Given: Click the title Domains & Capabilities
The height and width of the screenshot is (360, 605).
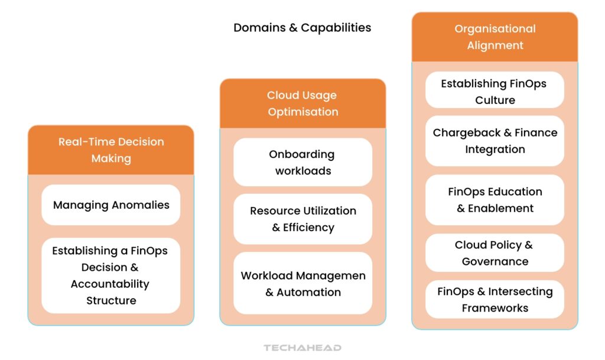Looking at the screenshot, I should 302,28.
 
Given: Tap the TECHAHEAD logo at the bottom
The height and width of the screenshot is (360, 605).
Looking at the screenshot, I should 302,348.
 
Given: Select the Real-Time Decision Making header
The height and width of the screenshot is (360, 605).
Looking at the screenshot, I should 111,150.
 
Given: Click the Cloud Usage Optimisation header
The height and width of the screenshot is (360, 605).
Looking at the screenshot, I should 302,103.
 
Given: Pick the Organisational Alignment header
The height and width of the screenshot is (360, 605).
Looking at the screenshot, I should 495,37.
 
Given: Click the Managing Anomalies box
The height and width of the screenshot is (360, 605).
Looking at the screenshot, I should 111,205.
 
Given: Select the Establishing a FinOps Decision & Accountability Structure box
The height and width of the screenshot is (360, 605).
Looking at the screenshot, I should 111,275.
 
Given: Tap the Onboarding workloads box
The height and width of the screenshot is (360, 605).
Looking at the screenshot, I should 302,163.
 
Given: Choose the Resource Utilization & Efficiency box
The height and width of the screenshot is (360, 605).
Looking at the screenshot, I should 302,219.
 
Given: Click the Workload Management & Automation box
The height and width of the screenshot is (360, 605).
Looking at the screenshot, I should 302,284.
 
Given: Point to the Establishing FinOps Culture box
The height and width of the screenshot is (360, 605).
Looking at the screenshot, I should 495,92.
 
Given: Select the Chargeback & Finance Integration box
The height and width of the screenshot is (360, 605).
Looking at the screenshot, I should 495,141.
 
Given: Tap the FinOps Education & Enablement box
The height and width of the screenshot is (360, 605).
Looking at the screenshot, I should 495,200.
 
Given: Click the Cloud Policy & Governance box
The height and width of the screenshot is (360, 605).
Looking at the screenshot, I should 495,253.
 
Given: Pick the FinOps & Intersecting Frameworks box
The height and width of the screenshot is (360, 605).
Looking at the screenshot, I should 495,300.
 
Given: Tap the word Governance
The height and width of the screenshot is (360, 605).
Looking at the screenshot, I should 495,261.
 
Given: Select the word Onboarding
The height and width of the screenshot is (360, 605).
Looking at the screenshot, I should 301,154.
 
